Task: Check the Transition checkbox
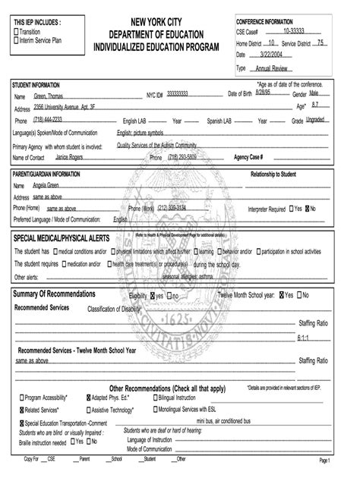[17, 32]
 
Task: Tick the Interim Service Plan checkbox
[17, 40]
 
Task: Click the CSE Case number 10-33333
[296, 31]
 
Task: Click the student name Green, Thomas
[51, 96]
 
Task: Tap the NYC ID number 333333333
[178, 95]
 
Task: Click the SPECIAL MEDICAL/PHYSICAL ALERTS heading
[62, 238]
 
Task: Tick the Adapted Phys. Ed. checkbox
[87, 397]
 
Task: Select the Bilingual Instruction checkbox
[155, 397]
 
